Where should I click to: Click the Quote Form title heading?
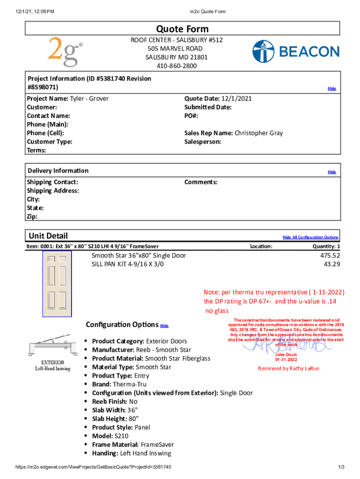182,29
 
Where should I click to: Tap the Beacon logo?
296,51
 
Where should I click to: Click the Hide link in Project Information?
331,88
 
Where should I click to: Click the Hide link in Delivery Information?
331,172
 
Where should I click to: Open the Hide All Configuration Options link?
310,237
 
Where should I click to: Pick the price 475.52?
330,255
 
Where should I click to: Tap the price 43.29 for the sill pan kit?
331,264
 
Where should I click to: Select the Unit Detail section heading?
48,236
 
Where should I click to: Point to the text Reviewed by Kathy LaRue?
288,368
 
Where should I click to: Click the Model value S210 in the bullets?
121,436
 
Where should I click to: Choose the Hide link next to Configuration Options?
164,326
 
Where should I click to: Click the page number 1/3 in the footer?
341,467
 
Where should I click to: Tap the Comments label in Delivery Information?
201,182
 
